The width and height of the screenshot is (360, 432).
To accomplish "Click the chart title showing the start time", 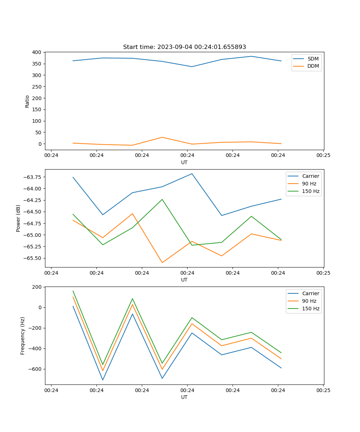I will coord(184,47).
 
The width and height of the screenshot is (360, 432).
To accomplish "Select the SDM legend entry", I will coord(313,59).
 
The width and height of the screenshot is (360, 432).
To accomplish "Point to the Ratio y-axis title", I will coord(27,101).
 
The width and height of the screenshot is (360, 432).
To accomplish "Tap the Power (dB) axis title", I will coord(18,218).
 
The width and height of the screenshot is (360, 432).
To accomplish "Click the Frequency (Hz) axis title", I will coord(23,336).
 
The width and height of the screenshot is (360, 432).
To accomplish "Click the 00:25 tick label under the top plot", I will coord(323,156).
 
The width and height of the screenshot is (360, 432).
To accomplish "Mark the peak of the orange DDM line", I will coord(162,137).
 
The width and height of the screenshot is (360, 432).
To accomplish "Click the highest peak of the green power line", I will coord(162,199).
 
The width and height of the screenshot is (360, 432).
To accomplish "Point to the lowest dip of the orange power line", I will coord(162,262).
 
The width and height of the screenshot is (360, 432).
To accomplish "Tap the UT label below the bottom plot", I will coord(184,397).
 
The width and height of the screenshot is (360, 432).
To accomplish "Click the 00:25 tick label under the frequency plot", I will coord(323,390).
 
